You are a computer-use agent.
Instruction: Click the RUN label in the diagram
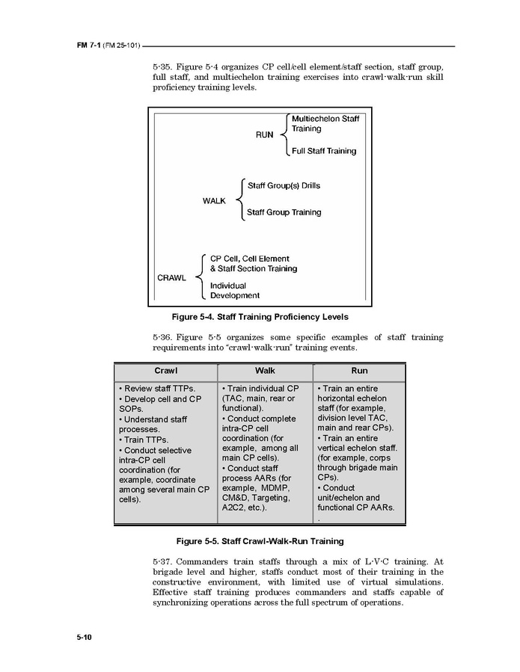265,135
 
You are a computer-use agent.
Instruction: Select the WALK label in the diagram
214,201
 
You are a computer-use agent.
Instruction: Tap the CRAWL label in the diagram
171,277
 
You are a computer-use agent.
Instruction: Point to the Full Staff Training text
324,151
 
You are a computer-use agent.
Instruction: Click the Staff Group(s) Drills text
284,185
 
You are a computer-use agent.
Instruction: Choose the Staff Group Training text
284,212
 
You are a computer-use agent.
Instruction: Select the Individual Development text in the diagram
235,291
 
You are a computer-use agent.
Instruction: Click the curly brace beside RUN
284,135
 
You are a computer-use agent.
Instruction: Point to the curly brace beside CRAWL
200,277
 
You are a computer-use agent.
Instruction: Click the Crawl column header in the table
166,371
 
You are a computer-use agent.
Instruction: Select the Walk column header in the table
265,371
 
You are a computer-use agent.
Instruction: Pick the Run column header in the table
359,371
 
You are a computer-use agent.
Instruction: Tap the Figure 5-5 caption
260,540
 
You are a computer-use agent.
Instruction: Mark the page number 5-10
83,637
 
